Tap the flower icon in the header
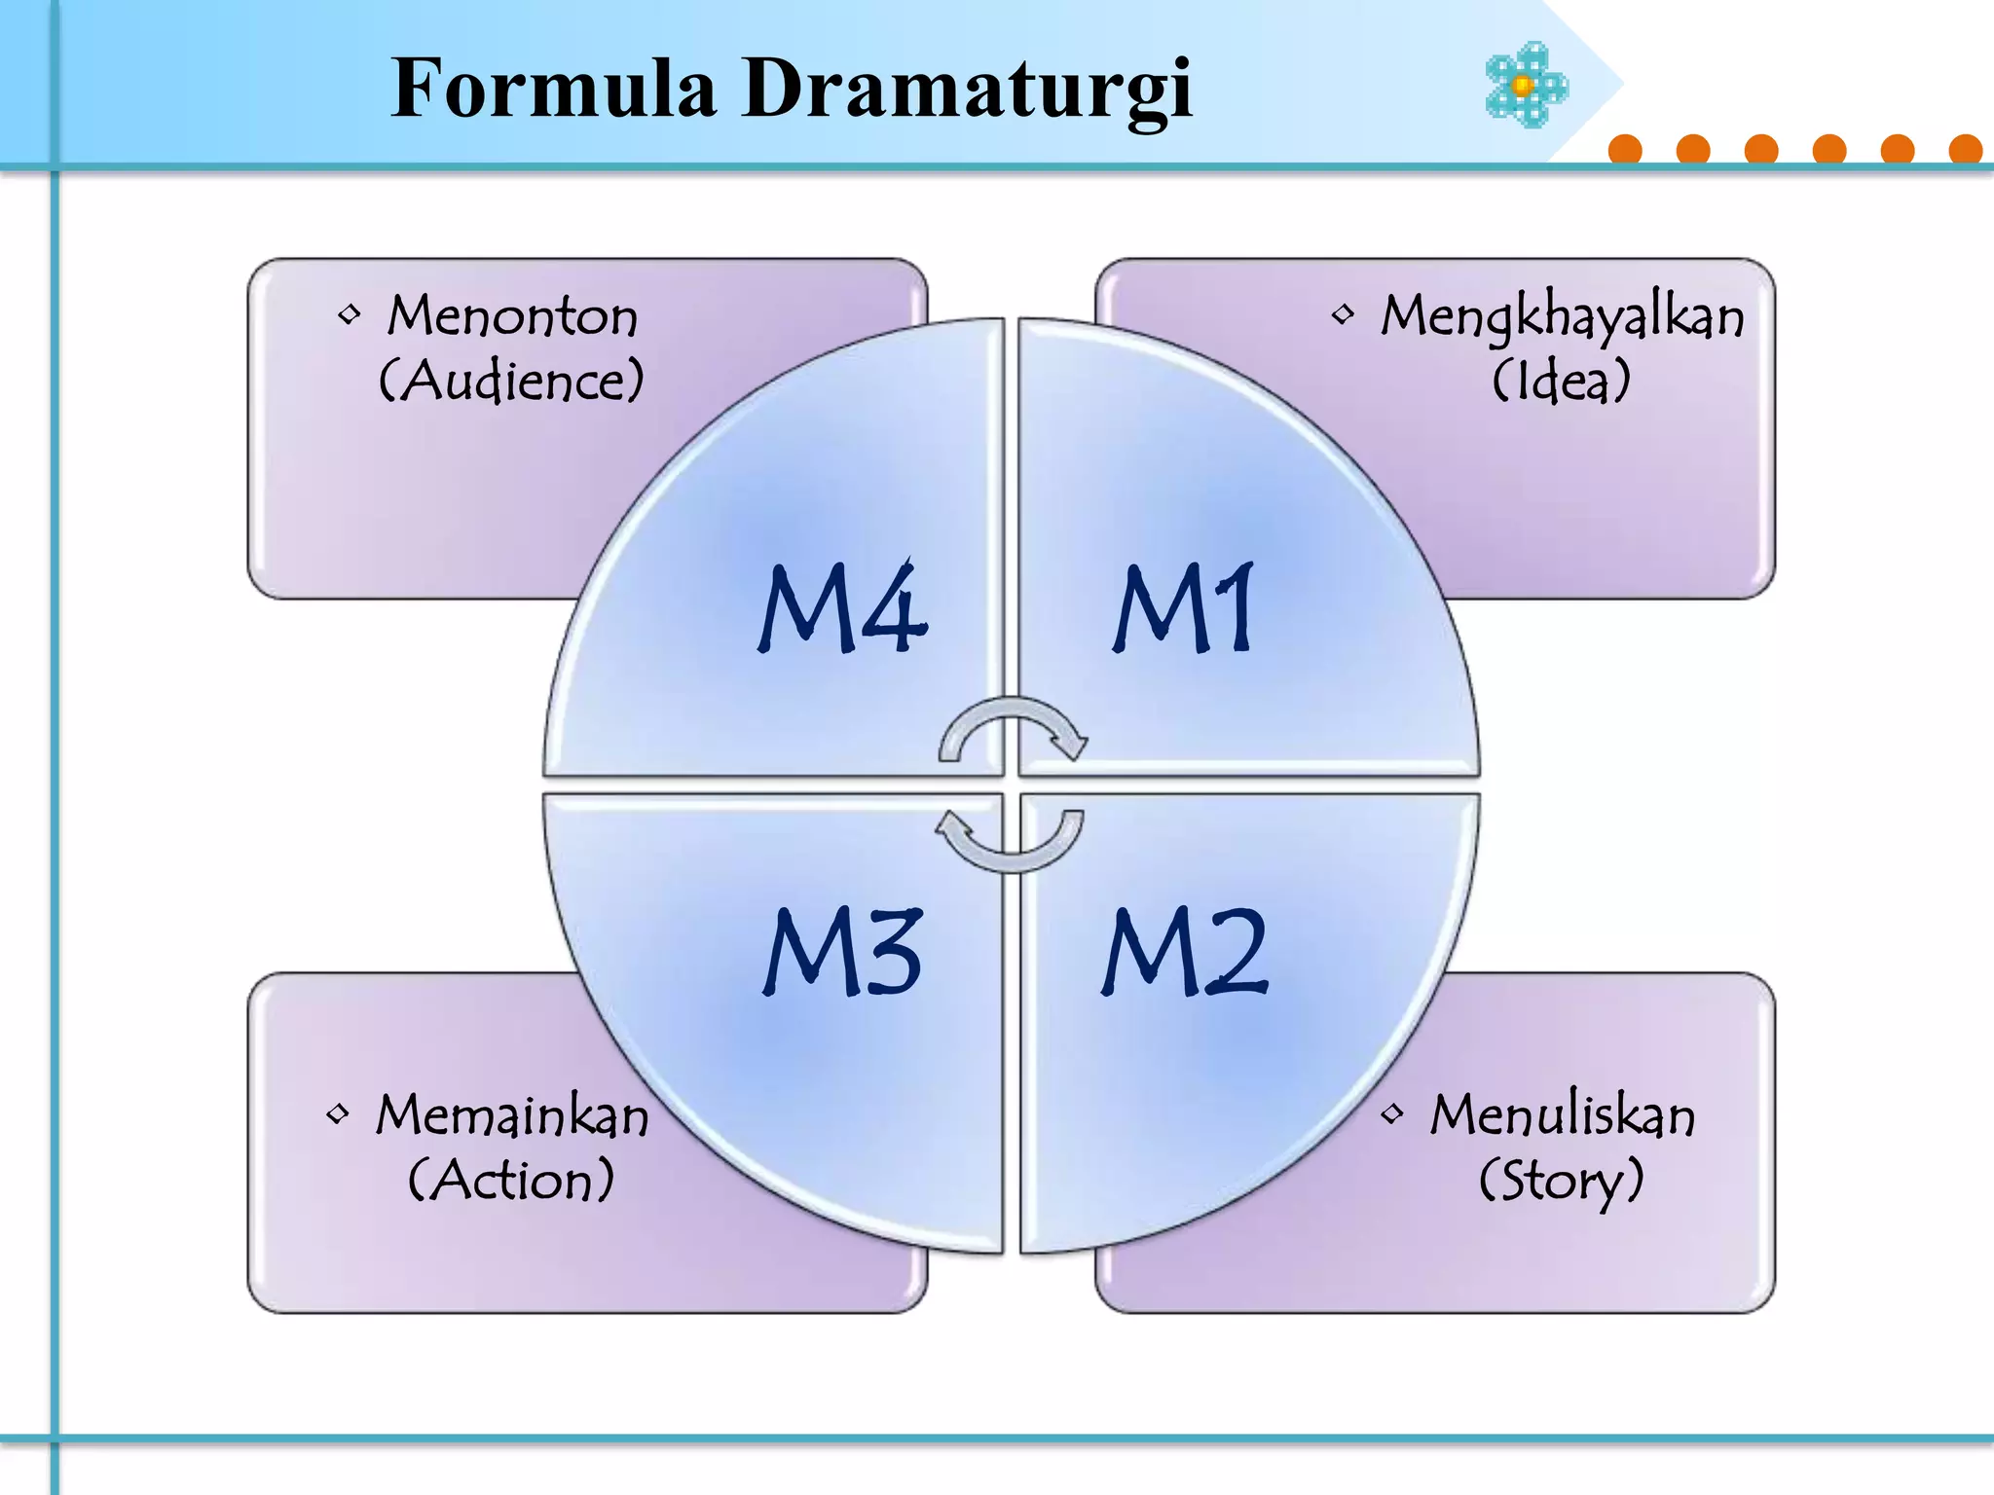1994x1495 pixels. click(1526, 85)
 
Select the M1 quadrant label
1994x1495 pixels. click(1184, 608)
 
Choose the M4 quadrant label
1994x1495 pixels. click(842, 608)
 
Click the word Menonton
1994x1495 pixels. click(512, 316)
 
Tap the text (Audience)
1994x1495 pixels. click(511, 380)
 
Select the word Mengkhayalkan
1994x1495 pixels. click(1562, 317)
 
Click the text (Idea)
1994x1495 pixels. click(1561, 381)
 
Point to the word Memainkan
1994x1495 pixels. click(512, 1115)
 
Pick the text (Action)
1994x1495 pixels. click(511, 1180)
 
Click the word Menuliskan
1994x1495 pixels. click(1562, 1115)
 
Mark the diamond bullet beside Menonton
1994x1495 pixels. click(349, 314)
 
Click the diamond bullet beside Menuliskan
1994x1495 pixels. click(1392, 1113)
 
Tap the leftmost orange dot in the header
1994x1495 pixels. click(1625, 150)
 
